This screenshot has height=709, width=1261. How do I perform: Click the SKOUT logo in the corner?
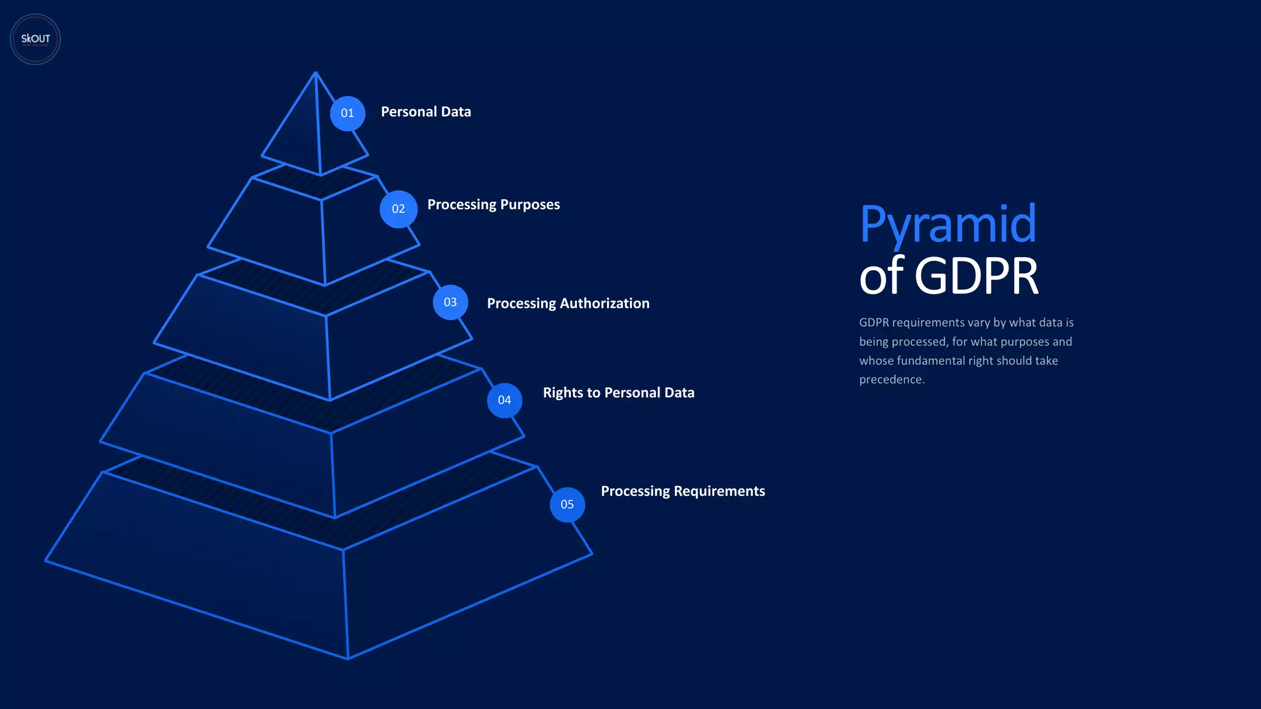click(x=35, y=39)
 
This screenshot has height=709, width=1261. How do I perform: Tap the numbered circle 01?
click(x=347, y=113)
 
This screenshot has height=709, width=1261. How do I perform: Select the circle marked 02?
click(x=398, y=209)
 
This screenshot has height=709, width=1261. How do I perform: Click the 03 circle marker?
click(x=450, y=302)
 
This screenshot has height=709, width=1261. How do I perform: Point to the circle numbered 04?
click(x=504, y=400)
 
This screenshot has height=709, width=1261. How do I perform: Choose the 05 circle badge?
click(x=567, y=505)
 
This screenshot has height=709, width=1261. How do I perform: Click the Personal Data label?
click(x=425, y=112)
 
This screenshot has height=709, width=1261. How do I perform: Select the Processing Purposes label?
click(x=493, y=204)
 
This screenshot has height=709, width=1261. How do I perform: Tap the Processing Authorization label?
click(x=568, y=303)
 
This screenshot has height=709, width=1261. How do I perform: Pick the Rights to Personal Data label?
click(x=618, y=393)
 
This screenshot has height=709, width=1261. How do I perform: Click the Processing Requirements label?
click(x=683, y=491)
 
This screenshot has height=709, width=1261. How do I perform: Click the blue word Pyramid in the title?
click(x=948, y=224)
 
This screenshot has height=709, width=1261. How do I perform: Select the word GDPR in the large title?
click(x=977, y=276)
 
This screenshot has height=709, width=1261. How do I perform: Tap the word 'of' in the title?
click(x=881, y=276)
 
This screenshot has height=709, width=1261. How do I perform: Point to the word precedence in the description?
click(x=892, y=380)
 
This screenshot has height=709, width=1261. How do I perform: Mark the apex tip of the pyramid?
click(x=315, y=73)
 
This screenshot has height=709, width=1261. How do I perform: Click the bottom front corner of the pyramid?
click(x=348, y=659)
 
